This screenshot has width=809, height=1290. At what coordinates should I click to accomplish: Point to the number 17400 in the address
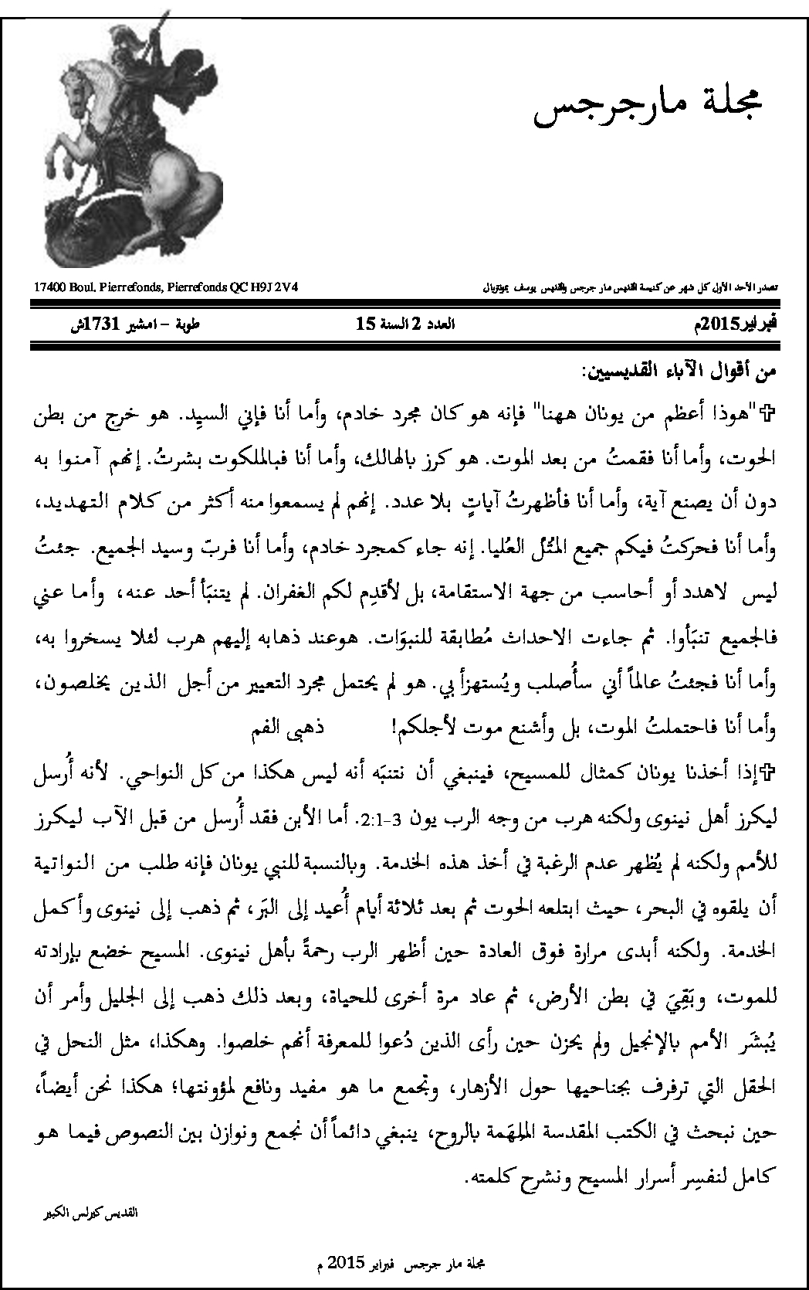50,288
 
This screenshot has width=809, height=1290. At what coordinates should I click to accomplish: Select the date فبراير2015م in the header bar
735,325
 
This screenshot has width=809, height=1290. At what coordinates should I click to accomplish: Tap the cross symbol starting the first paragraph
767,410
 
